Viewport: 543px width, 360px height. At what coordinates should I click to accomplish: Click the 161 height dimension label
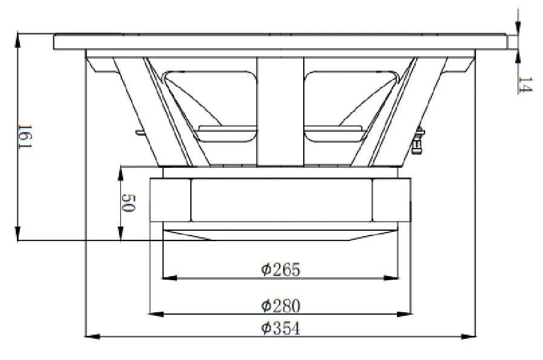(23, 138)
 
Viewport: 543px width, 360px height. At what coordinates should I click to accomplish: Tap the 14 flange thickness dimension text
(524, 85)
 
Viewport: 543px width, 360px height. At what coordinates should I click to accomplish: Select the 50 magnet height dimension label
(127, 202)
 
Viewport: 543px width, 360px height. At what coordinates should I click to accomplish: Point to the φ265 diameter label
(280, 269)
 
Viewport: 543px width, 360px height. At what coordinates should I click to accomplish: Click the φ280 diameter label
(280, 306)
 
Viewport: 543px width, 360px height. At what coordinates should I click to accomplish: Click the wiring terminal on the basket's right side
(417, 143)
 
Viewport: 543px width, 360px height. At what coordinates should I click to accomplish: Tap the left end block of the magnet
(170, 200)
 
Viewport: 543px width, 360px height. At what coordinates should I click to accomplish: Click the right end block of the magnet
(391, 200)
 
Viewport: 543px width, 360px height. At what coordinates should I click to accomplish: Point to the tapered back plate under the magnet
(280, 234)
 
